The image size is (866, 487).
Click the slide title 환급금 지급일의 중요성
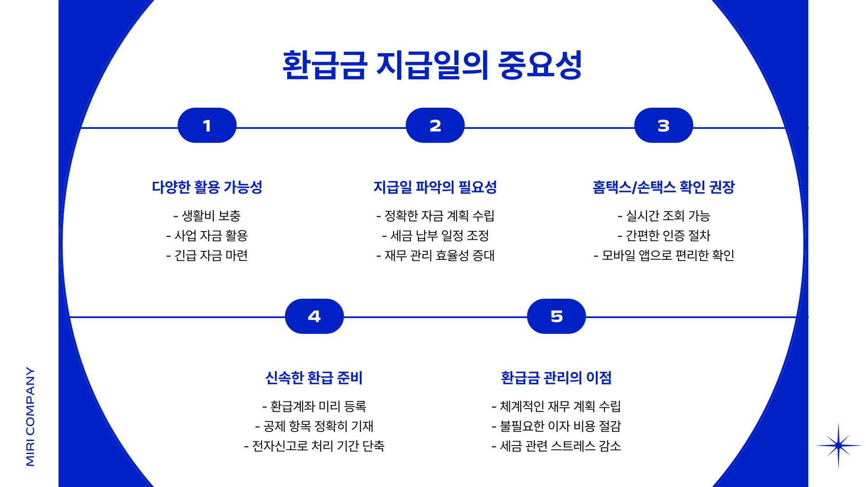[x=432, y=66]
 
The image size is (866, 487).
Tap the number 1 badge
[x=207, y=126]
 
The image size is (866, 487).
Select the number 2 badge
[x=435, y=126]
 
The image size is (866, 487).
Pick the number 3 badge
[x=663, y=126]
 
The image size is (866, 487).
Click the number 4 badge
[x=314, y=316]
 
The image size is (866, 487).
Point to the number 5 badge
[x=556, y=316]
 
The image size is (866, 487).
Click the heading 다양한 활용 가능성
[x=207, y=187]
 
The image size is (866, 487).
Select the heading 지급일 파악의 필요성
[x=435, y=187]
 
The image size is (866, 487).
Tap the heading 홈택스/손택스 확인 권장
[x=664, y=187]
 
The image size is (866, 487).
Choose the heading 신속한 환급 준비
[x=314, y=378]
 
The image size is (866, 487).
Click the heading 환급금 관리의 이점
[x=556, y=378]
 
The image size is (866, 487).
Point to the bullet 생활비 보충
[x=207, y=216]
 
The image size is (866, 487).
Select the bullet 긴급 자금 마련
[x=207, y=255]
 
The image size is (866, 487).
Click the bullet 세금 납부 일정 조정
[x=435, y=236]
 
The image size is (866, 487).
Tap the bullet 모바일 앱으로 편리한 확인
[x=664, y=255]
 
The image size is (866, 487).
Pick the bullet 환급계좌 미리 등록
[x=314, y=406]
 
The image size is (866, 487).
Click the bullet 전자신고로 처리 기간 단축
[x=314, y=446]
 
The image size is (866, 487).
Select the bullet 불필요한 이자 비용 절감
[x=556, y=426]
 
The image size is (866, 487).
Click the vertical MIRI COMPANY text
[x=30, y=416]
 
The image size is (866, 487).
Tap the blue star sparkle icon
[x=839, y=446]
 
